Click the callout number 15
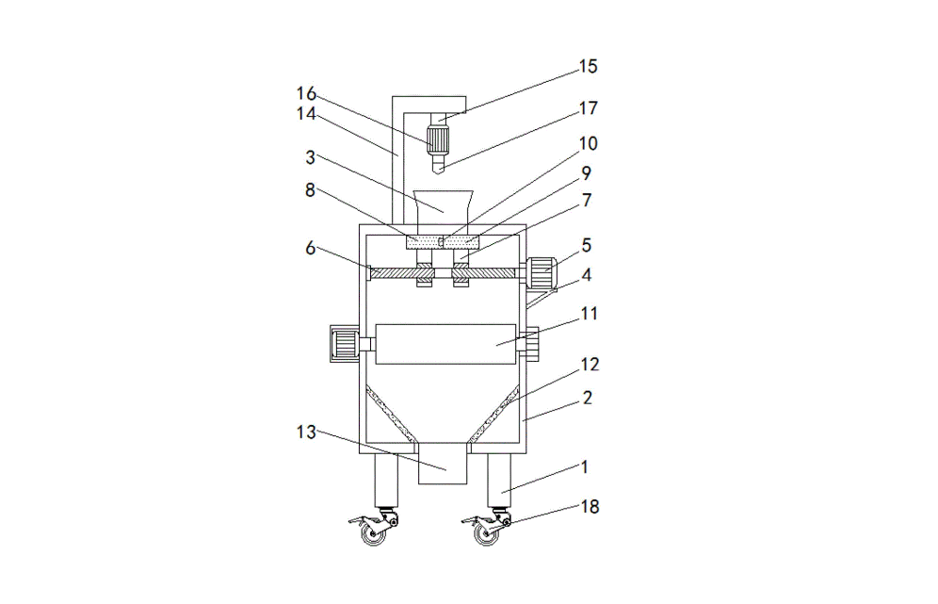click(x=588, y=67)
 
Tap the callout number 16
click(x=306, y=93)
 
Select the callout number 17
click(x=588, y=108)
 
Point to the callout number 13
click(x=306, y=433)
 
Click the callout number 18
click(x=588, y=507)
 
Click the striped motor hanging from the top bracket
click(x=439, y=142)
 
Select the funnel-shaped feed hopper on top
click(x=443, y=207)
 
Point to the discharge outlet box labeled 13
click(x=443, y=467)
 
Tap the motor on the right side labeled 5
click(x=542, y=271)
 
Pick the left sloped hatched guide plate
click(x=390, y=414)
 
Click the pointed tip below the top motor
click(x=439, y=169)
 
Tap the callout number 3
click(x=311, y=157)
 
